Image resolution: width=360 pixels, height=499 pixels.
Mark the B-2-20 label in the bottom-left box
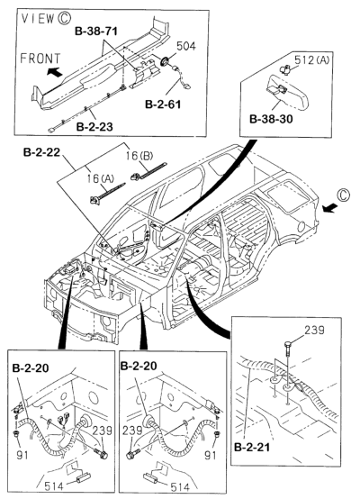click(31, 368)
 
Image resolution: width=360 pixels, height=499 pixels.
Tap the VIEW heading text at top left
click(29, 16)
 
